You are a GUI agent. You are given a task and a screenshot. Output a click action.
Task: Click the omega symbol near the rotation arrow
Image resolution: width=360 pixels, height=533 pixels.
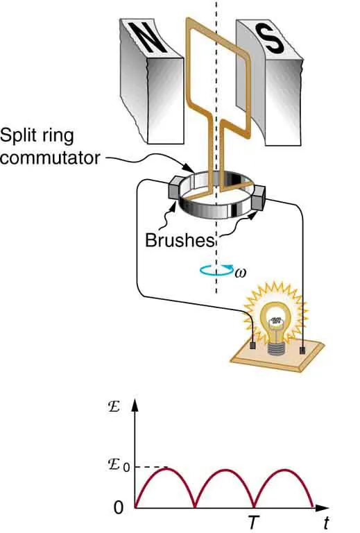point(240,273)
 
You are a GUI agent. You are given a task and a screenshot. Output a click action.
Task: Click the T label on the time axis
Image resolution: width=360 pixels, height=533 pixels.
point(255,519)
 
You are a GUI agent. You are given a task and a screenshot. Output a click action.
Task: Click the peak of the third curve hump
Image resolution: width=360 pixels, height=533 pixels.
point(285,470)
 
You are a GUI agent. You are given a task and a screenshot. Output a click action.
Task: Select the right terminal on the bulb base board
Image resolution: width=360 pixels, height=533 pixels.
point(303,350)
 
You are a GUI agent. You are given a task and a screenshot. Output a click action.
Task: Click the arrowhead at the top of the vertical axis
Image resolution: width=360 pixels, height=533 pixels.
point(135,405)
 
